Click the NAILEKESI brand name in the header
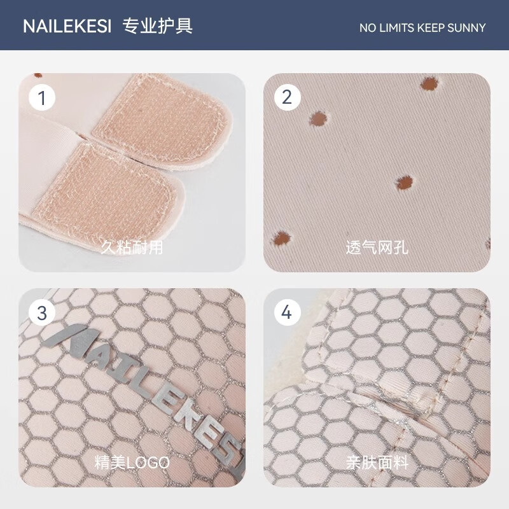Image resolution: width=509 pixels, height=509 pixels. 67,26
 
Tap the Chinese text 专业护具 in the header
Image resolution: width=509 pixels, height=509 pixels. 158,25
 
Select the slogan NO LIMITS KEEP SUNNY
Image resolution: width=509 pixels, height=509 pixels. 422,28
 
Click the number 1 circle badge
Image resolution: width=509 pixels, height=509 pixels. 42,98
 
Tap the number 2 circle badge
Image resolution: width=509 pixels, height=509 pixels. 288,97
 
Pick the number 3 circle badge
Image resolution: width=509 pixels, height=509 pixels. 42,313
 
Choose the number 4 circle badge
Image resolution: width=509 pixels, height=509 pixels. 288,312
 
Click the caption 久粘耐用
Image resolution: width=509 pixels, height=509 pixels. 132,248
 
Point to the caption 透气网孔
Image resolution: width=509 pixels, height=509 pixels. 377,248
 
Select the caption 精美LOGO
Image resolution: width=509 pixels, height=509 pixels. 132,463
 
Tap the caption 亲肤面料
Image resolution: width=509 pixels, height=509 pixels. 377,463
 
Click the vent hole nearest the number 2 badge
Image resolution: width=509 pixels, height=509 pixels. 319,119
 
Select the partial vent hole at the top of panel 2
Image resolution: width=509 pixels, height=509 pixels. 429,84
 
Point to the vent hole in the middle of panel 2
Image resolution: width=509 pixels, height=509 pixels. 405,183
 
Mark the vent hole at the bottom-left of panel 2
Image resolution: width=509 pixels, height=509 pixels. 281,239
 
